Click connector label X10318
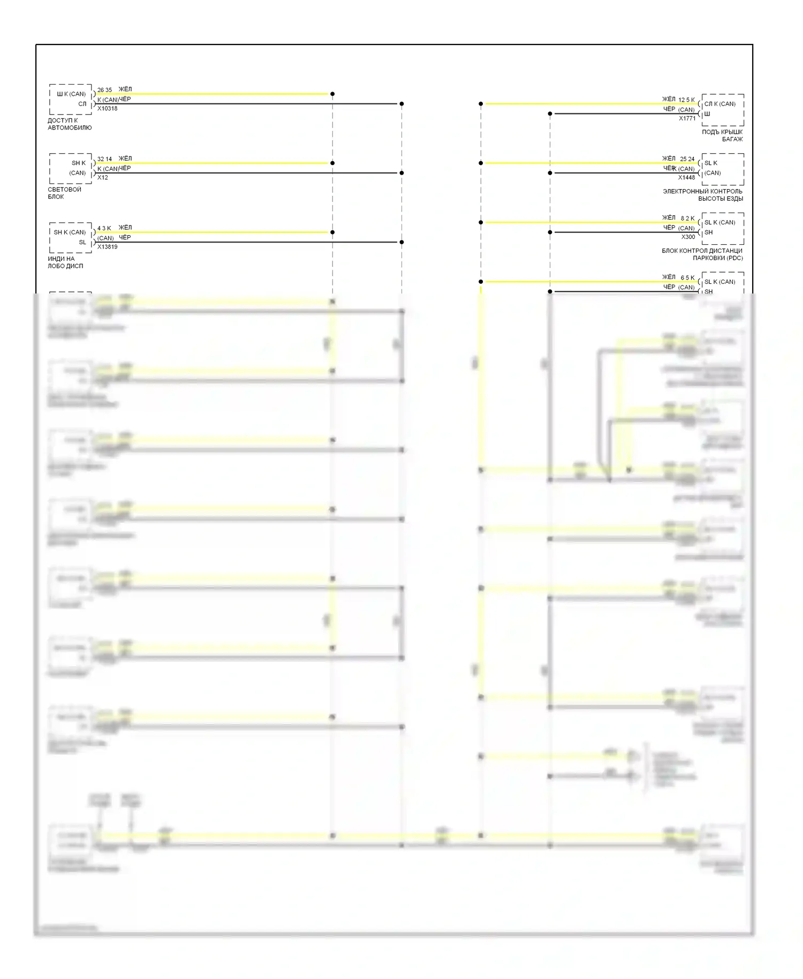(107, 109)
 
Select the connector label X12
(103, 178)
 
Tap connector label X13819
(107, 247)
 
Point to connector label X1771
(687, 118)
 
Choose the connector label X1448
(686, 178)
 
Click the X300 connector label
(688, 237)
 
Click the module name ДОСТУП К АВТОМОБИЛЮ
(70, 124)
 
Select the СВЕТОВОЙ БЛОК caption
(64, 193)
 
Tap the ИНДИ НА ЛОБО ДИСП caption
(65, 262)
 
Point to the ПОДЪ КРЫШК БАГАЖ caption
(722, 135)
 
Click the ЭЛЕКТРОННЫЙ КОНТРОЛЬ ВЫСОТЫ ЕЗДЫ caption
(702, 195)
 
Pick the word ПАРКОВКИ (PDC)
(717, 258)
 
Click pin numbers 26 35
(104, 90)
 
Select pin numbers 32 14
(104, 159)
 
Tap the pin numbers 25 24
(687, 159)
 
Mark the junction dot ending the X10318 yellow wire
(332, 94)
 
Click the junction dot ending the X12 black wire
(401, 173)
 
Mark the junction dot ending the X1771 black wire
(550, 114)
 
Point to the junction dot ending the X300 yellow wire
(481, 222)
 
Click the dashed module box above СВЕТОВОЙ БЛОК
(71, 168)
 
